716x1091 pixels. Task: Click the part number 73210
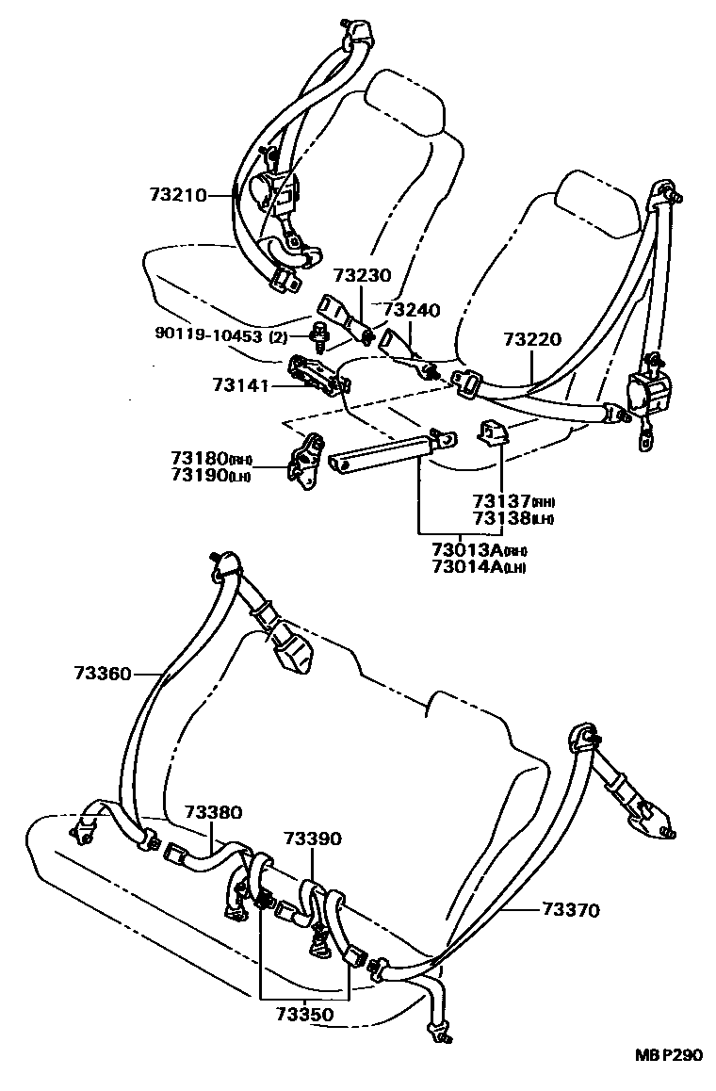point(176,195)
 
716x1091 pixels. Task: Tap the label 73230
point(361,276)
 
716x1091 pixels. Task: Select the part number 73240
point(412,309)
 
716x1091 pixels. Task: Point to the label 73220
point(530,339)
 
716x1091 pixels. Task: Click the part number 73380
point(213,811)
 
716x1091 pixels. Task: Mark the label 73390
point(312,839)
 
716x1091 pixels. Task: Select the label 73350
point(303,1015)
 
